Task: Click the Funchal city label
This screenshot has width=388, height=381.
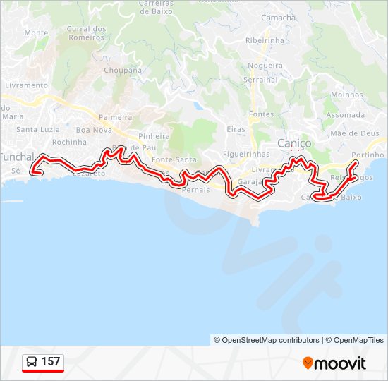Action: coord(16,157)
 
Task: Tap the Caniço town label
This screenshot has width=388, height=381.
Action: coord(294,143)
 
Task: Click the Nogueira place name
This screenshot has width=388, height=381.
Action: coord(265,66)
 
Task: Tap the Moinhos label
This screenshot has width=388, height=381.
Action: coord(347,95)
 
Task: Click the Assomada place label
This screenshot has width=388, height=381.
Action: coord(346,115)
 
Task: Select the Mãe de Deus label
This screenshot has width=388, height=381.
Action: coord(355,133)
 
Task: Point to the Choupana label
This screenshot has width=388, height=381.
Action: coord(123,71)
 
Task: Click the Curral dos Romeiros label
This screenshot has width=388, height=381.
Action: coord(85,32)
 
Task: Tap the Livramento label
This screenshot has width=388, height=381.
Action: coord(26,85)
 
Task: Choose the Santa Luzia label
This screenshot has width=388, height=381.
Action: coord(38,129)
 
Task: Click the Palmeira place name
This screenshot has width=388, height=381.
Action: coord(116,117)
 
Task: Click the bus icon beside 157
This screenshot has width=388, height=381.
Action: coord(32,363)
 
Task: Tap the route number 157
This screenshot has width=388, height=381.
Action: coord(51,363)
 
